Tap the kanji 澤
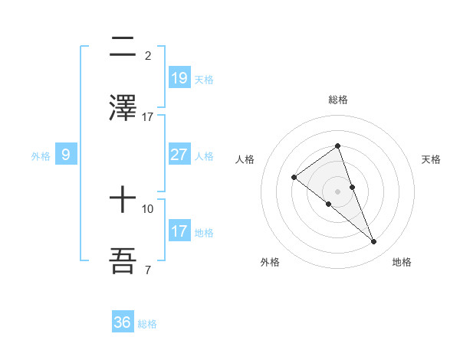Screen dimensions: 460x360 pyautogui.click(x=123, y=107)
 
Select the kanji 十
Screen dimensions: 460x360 pyautogui.click(x=123, y=201)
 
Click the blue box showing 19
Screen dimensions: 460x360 pyautogui.click(x=179, y=78)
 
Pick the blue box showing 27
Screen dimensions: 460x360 pyautogui.click(x=179, y=155)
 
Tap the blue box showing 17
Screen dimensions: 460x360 pyautogui.click(x=179, y=231)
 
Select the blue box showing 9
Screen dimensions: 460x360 pyautogui.click(x=66, y=155)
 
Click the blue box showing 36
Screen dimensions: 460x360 pyautogui.click(x=123, y=322)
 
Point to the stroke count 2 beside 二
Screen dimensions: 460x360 pyautogui.click(x=148, y=56)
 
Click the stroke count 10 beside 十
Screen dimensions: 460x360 pyautogui.click(x=148, y=208)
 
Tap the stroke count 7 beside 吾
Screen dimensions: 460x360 pyautogui.click(x=148, y=270)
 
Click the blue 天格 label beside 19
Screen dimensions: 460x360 pyautogui.click(x=204, y=80)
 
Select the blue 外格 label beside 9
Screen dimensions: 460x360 pyautogui.click(x=41, y=155)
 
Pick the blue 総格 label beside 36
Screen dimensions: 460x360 pyautogui.click(x=147, y=324)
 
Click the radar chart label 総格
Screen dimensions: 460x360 pyautogui.click(x=338, y=100)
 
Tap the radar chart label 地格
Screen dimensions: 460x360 pyautogui.click(x=402, y=262)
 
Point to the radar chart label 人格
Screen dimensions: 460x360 pyautogui.click(x=245, y=159)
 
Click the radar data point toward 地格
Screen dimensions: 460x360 pyautogui.click(x=373, y=242)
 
